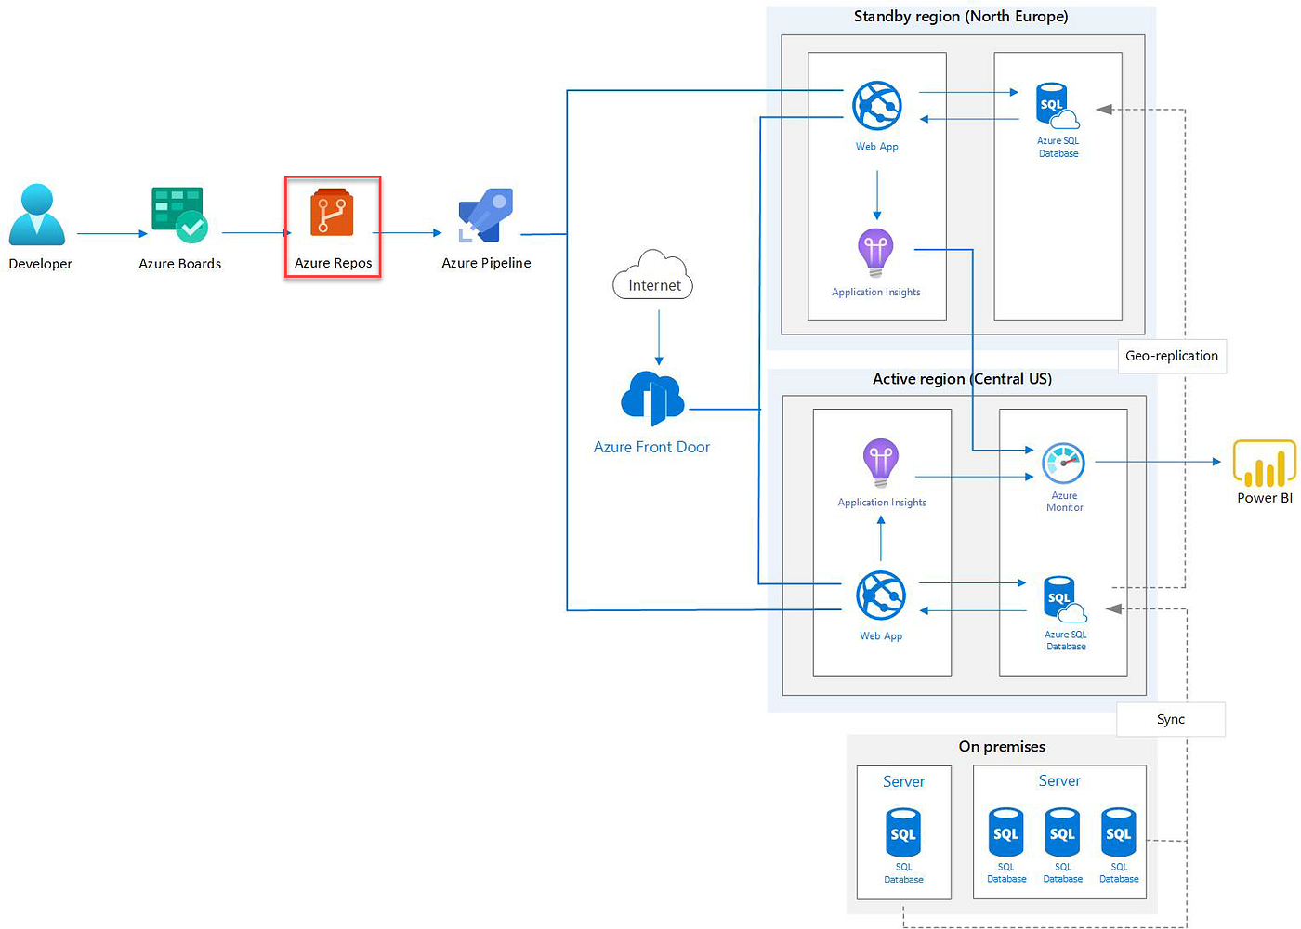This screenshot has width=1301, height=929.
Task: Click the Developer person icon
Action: (37, 215)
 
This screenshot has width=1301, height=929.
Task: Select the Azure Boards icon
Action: (178, 215)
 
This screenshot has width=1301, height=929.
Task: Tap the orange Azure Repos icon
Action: (332, 213)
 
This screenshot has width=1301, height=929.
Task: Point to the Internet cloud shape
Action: (653, 276)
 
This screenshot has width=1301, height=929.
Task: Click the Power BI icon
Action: (1264, 463)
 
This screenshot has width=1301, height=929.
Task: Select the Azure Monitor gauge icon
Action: (1063, 463)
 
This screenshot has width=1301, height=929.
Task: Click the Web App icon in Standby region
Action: (876, 105)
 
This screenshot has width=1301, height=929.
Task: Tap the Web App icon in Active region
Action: (880, 595)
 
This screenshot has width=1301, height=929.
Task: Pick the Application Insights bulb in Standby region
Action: (875, 252)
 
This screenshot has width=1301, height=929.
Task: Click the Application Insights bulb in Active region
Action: (881, 463)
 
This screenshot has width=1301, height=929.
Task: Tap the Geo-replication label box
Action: (1171, 356)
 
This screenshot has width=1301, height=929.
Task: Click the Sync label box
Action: (1170, 719)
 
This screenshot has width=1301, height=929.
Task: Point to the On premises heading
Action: (1001, 747)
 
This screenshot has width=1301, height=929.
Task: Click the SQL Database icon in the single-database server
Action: (903, 832)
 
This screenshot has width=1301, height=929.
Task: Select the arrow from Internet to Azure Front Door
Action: (659, 336)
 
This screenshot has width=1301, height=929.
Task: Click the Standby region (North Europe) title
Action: (960, 17)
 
